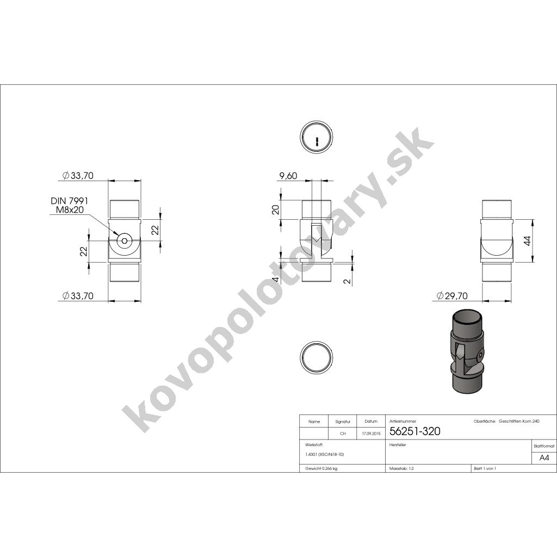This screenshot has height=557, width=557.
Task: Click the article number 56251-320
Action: pyautogui.click(x=415, y=431)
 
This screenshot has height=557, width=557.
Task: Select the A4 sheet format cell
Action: pyautogui.click(x=544, y=457)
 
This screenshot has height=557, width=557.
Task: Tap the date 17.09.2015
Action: pyautogui.click(x=371, y=434)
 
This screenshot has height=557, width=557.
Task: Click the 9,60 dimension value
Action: pyautogui.click(x=288, y=176)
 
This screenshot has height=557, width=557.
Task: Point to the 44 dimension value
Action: pyautogui.click(x=527, y=242)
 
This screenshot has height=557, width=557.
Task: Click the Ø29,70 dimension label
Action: pyautogui.click(x=452, y=295)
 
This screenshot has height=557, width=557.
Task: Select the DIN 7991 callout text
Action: pyautogui.click(x=69, y=201)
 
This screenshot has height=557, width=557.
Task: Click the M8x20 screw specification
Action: pyautogui.click(x=70, y=209)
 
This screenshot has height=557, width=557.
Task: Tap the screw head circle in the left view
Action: pyautogui.click(x=125, y=241)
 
